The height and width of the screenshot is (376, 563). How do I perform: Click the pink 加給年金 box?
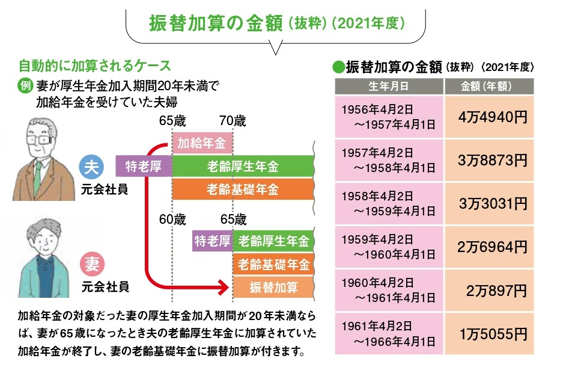point(201,143)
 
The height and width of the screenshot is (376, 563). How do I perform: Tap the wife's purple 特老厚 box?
point(212,242)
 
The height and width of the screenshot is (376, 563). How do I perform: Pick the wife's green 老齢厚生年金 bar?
point(273,242)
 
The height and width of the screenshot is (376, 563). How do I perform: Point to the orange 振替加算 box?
point(273,287)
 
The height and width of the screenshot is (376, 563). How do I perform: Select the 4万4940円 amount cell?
point(488,117)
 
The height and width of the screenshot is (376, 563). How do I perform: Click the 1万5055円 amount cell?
point(488,332)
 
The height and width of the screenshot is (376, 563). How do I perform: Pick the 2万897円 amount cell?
point(488,289)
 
